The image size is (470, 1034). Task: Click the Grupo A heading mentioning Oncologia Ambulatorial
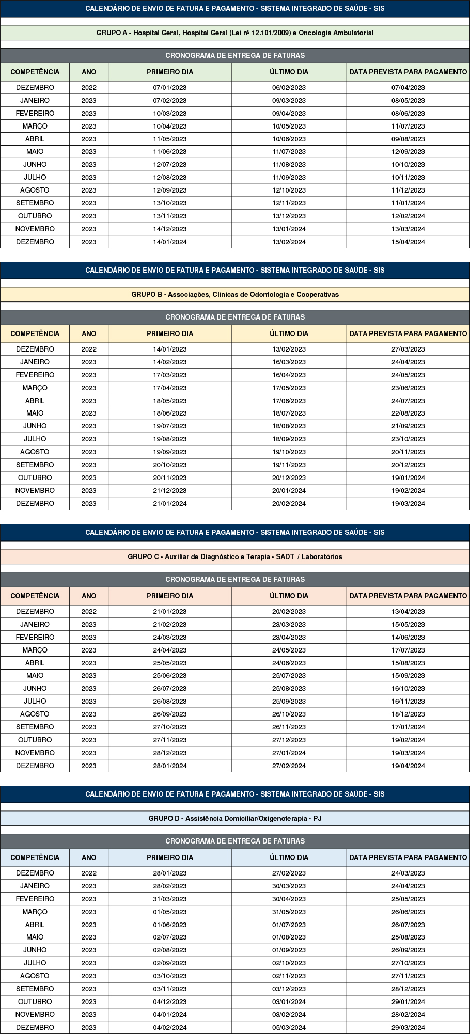coord(235,33)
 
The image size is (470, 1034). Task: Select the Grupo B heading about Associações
coord(235,294)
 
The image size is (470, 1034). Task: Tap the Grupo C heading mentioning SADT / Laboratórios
coord(235,556)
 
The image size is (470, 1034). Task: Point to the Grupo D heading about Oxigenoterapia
coord(235,818)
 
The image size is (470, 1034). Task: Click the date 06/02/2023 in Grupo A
coord(289,87)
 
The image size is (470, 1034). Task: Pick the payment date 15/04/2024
coord(408,242)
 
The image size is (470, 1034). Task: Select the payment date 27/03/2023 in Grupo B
coord(408,349)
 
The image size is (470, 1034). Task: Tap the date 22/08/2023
coord(408,413)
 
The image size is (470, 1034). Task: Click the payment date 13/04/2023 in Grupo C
coord(408,611)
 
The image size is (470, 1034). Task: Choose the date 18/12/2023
coord(408,714)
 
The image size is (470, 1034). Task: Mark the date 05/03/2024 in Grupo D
coord(289,1027)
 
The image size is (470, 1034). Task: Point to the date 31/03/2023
coord(170,899)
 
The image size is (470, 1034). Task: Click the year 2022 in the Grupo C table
coord(89,611)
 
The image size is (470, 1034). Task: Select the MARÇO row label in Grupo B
coord(35,388)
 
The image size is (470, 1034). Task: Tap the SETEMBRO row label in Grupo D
coord(35,989)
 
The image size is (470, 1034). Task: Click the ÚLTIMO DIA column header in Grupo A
coord(289,72)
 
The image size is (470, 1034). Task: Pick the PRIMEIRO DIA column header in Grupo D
coord(170,857)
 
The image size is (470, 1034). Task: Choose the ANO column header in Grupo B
coord(89,333)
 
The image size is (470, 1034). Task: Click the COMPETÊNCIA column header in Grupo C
coord(35,596)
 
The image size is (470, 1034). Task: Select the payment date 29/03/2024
coord(408,1027)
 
